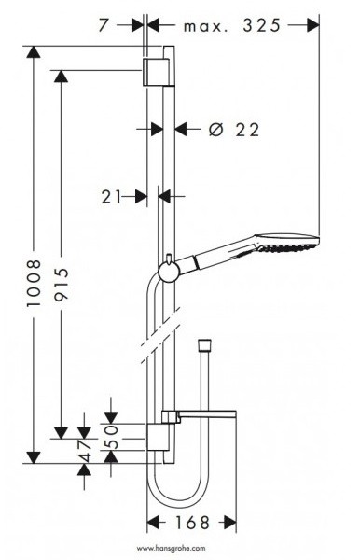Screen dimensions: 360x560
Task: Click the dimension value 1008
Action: (x=35, y=283)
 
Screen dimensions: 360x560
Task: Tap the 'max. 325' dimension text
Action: (x=232, y=26)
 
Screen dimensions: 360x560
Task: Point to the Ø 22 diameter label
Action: (x=234, y=130)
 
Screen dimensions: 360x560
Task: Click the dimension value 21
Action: (x=111, y=196)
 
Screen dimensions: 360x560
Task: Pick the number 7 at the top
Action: (x=104, y=25)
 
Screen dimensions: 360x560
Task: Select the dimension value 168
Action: (x=192, y=523)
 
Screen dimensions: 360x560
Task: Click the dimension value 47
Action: (x=85, y=451)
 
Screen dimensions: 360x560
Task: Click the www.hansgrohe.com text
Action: (x=172, y=548)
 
